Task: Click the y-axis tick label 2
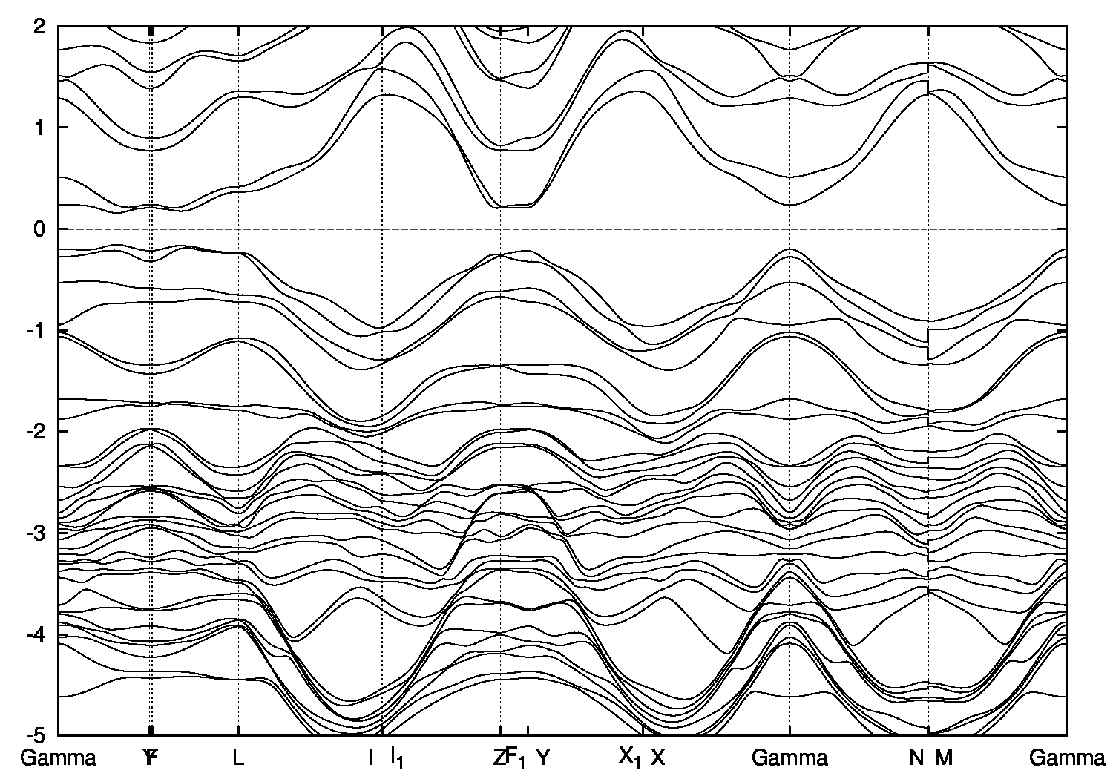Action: [x=41, y=26]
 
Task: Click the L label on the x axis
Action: [x=238, y=757]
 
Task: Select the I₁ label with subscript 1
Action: [x=398, y=757]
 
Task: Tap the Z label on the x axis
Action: [x=499, y=757]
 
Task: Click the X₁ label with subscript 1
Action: [x=630, y=757]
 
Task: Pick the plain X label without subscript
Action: [x=658, y=757]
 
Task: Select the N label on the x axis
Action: [x=917, y=757]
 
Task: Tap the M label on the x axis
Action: [x=943, y=757]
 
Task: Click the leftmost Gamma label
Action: [x=59, y=757]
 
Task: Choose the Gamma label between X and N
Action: [x=789, y=757]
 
